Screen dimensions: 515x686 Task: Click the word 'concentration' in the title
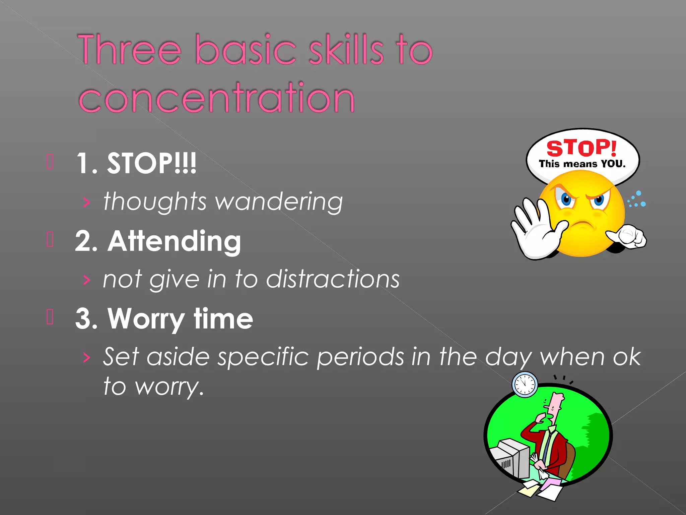point(217,98)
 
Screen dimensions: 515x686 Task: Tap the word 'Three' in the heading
point(129,50)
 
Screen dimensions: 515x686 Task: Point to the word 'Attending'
point(174,241)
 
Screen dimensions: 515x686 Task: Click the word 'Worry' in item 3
point(146,319)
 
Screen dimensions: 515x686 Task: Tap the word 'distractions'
point(333,279)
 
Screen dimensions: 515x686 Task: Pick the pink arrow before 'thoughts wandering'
point(87,202)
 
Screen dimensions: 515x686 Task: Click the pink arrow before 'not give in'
point(87,280)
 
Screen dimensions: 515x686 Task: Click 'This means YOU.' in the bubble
point(582,164)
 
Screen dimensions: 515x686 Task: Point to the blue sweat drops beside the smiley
point(637,199)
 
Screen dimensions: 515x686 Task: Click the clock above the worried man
point(525,384)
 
